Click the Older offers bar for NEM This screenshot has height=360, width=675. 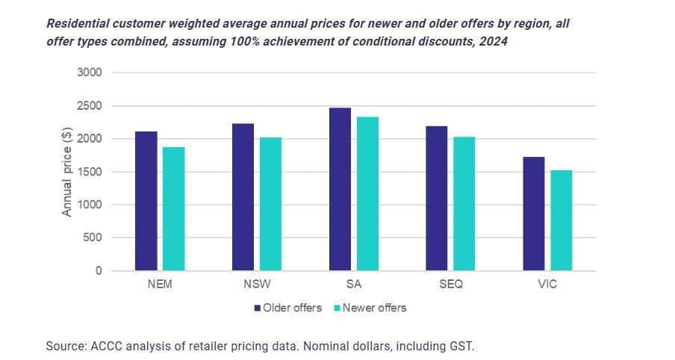(x=146, y=201)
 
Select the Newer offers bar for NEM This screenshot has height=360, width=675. (x=174, y=208)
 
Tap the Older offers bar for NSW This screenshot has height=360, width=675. (x=243, y=197)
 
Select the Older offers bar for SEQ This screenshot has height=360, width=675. (x=437, y=199)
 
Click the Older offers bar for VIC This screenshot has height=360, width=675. (x=534, y=214)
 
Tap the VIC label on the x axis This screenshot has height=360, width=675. (x=547, y=285)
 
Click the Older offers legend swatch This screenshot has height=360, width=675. (x=258, y=308)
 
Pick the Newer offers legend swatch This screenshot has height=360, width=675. (x=337, y=308)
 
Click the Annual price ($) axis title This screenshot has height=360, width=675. (x=67, y=172)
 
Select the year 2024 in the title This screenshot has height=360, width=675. (x=492, y=42)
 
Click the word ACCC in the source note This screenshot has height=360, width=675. (x=106, y=346)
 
